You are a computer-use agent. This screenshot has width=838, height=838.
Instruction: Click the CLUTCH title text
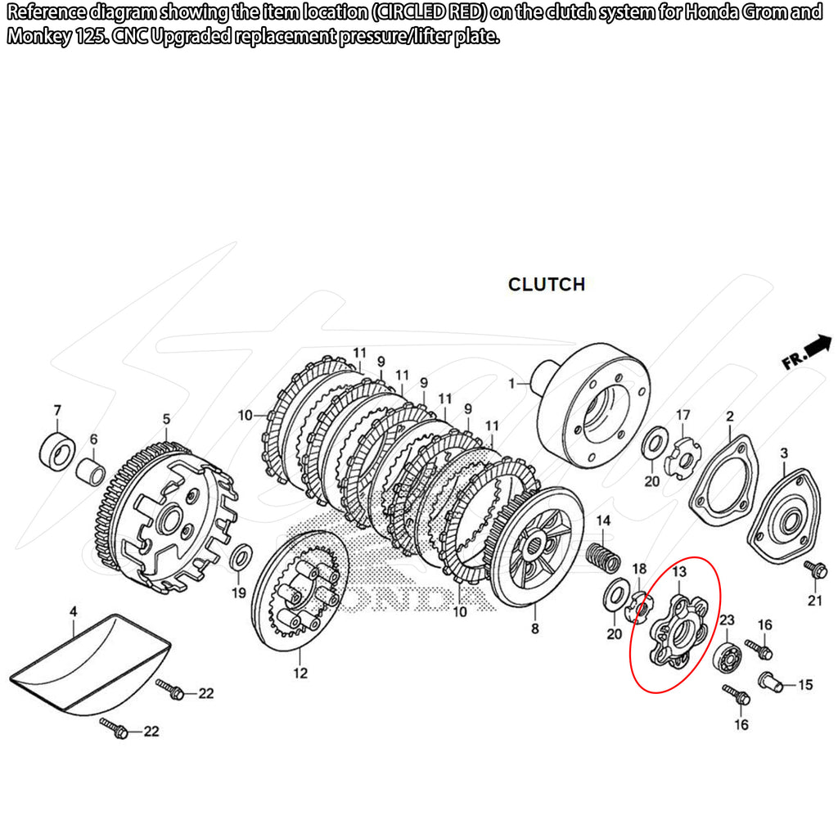click(546, 284)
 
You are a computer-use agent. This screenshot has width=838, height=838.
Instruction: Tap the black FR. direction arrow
click(818, 346)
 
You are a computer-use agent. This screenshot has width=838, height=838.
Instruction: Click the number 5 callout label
click(166, 419)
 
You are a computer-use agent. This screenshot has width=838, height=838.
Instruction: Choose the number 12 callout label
click(300, 674)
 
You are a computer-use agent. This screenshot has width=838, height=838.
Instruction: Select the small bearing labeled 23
click(725, 658)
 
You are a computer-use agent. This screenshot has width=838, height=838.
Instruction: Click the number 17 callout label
click(683, 415)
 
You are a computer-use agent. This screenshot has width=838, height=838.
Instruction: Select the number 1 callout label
click(512, 383)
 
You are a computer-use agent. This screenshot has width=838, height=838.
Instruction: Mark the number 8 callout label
click(534, 629)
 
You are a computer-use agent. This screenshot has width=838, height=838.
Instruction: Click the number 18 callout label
click(640, 568)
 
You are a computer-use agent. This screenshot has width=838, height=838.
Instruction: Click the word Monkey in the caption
click(38, 38)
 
